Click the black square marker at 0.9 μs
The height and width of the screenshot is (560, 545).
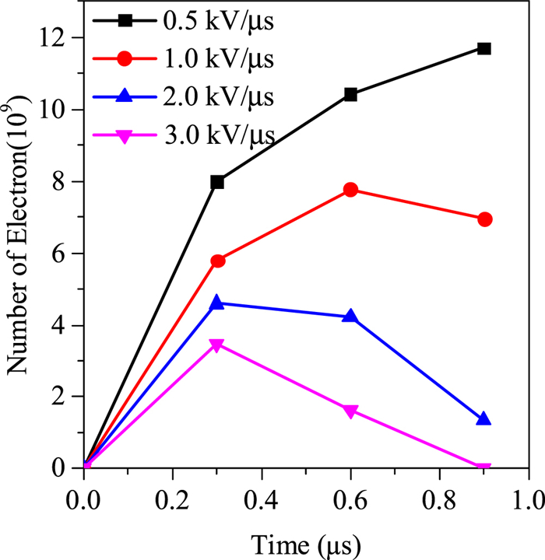coord(483,48)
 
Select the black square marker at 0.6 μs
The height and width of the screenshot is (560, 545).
coord(350,94)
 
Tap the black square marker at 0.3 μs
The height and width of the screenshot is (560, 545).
coord(217,182)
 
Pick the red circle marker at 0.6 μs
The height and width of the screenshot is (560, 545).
coord(350,190)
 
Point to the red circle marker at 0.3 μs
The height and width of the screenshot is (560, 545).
coord(217,261)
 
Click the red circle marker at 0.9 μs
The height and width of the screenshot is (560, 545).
coord(483,219)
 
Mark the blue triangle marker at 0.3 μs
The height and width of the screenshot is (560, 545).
coord(217,303)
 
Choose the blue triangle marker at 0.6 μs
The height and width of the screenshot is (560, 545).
coord(350,316)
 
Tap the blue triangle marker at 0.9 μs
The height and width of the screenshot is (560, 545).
coord(483,419)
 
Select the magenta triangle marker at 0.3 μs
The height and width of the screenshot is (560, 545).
coord(217,345)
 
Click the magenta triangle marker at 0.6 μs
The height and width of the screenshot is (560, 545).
coord(350,411)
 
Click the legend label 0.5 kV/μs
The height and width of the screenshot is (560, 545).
coord(219,20)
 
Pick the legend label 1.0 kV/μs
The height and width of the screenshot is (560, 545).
coord(219,58)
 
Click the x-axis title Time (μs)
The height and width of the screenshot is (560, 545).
coord(305,541)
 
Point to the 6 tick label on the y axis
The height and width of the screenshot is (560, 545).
coord(68,254)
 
